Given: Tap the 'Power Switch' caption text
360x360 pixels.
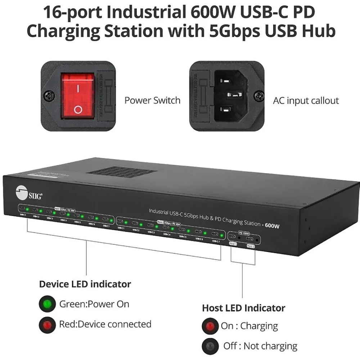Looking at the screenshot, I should [152, 100].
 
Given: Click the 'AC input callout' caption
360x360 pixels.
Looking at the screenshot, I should [306, 100].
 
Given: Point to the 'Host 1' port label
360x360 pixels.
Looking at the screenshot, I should [233, 244].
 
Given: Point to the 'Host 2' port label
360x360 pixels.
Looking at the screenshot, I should [251, 247].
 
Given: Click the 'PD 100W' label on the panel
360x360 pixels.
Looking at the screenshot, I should [244, 233].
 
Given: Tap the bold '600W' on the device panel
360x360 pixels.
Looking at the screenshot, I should [272, 226].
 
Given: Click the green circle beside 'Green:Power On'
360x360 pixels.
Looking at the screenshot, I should [47, 304].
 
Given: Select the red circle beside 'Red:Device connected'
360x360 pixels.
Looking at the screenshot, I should [47, 325].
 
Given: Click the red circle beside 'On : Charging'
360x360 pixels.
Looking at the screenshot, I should [210, 326].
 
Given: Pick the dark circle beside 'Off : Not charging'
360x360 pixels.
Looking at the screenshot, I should [210, 346].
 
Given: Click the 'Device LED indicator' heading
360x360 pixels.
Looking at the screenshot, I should [85, 284].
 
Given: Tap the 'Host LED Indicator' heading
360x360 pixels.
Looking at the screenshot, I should [243, 308].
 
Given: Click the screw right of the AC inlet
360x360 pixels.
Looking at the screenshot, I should [259, 96].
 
